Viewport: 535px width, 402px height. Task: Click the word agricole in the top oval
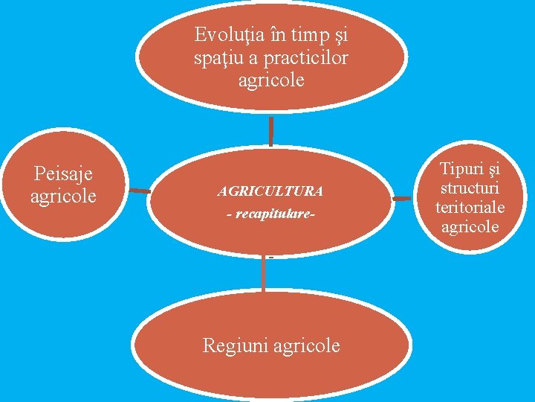point(271,80)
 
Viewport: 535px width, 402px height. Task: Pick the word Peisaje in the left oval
point(63,174)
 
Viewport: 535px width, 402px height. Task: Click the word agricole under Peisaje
point(63,196)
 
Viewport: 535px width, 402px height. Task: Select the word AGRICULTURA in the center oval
point(270,191)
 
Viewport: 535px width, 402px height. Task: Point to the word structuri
point(470,188)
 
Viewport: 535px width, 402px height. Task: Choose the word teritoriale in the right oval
point(470,208)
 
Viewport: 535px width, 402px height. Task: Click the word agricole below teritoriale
point(470,226)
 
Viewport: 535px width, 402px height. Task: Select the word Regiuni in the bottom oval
point(236,345)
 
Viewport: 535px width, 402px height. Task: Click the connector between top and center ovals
point(271,131)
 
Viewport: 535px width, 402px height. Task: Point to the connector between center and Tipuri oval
point(402,199)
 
